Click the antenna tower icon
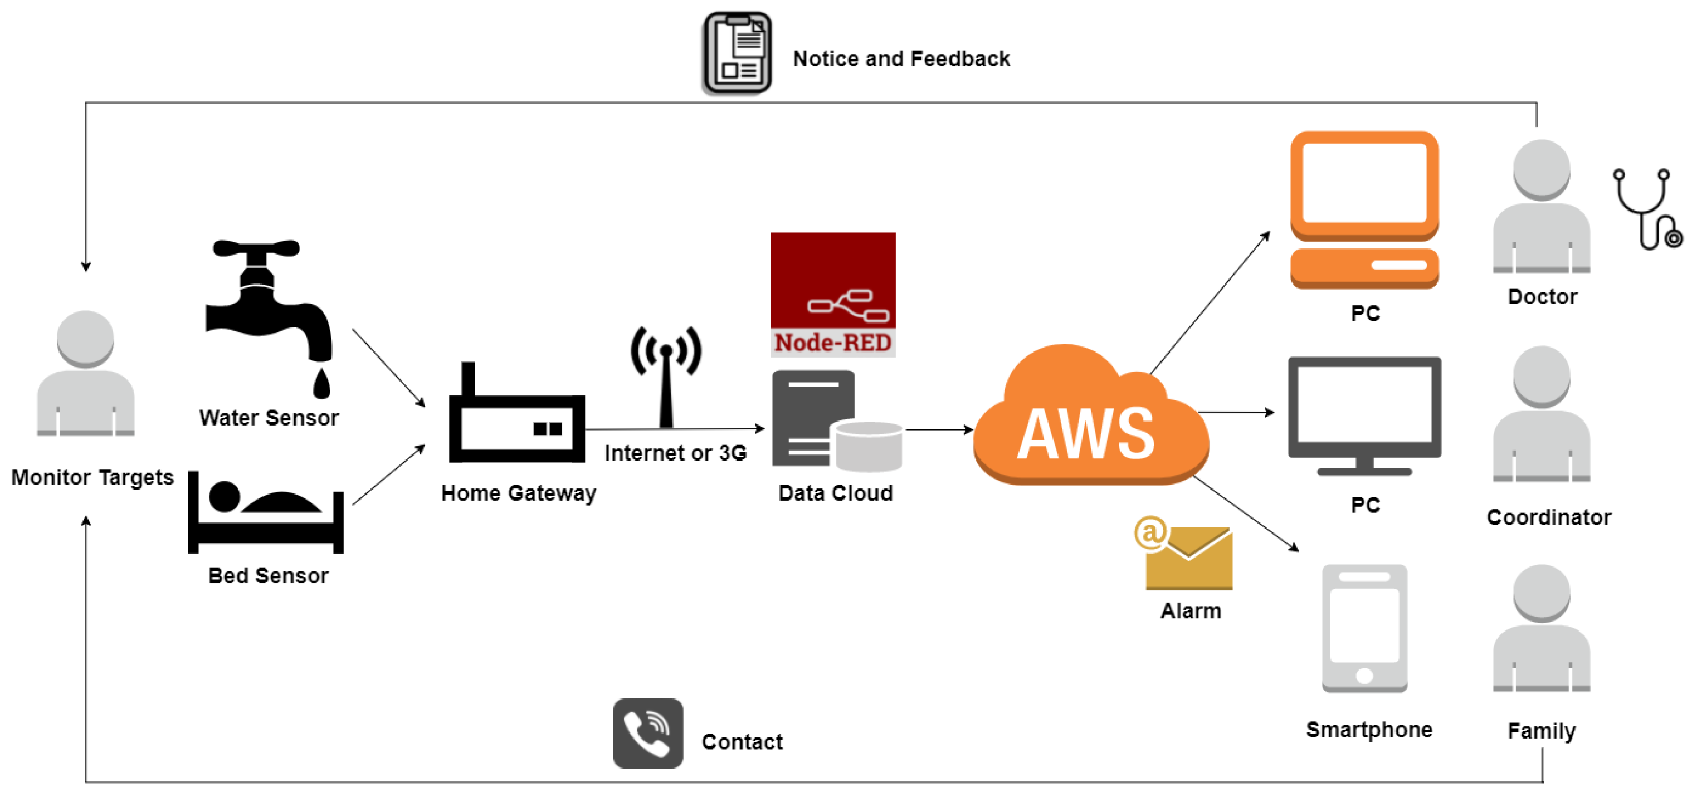click(x=666, y=374)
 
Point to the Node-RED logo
click(x=833, y=294)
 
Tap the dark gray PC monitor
click(x=1364, y=414)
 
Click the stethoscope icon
click(x=1645, y=209)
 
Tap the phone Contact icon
click(x=647, y=734)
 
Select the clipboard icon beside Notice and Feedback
click(x=737, y=52)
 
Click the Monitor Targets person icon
click(x=85, y=374)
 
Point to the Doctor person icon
click(x=1542, y=207)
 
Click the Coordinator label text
click(x=1549, y=517)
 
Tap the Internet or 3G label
click(x=675, y=453)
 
